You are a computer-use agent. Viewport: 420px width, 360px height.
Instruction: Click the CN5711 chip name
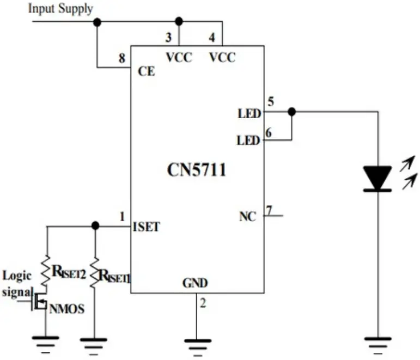[196, 170]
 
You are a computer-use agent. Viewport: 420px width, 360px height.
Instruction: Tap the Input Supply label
[60, 9]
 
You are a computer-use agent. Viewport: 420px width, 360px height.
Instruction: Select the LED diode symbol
[377, 179]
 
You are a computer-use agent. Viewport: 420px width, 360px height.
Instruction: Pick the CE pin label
[144, 71]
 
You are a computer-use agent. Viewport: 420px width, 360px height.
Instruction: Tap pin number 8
[123, 59]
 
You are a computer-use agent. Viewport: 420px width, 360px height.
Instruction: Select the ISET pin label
[146, 227]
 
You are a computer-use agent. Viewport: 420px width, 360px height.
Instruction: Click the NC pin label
[247, 216]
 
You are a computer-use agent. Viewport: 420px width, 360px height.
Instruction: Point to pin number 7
[268, 209]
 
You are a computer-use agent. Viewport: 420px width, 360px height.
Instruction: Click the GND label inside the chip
[196, 283]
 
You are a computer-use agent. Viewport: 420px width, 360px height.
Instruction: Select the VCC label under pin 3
[178, 57]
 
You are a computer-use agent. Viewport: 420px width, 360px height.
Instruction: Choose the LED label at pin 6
[249, 141]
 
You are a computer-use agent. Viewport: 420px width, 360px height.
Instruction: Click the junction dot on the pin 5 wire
[291, 112]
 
